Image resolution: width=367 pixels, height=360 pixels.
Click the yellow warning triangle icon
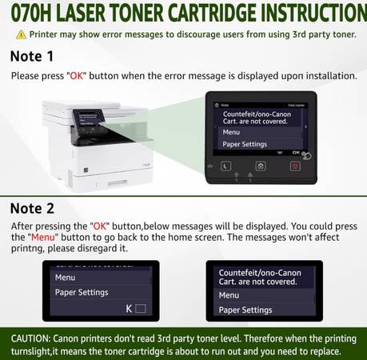coord(21,34)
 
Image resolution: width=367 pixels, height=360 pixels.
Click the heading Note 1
coord(32,56)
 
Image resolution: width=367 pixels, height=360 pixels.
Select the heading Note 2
coord(32,208)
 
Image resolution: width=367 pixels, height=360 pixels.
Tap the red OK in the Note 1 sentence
coord(77,76)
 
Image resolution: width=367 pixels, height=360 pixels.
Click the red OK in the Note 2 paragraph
coord(100,226)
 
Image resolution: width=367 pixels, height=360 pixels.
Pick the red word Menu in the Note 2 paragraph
coord(43,237)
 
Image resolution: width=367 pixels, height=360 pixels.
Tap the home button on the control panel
coord(261,166)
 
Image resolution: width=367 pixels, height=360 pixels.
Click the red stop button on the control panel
coord(295,166)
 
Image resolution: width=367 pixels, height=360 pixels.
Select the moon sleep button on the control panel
coord(225,166)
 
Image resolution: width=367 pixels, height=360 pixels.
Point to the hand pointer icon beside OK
coord(306,155)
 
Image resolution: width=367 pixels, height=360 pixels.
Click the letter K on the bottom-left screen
coord(129,309)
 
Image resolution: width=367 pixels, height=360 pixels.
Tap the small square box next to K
coord(141,309)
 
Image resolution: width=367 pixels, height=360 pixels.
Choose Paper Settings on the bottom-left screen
coord(82,293)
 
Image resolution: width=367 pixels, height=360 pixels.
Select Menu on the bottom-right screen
coord(229,295)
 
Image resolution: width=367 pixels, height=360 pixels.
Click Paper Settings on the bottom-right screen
coord(245,310)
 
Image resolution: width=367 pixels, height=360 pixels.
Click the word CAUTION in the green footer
coord(30,338)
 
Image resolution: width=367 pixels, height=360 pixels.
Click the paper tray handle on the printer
coord(118,182)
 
